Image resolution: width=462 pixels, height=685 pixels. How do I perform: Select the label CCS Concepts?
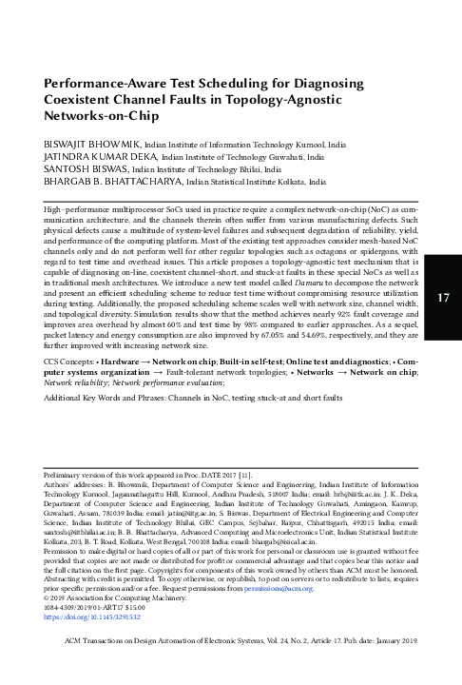(x=75, y=389)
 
